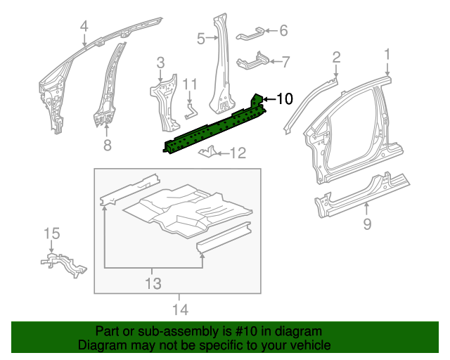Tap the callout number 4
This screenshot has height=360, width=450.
[84, 27]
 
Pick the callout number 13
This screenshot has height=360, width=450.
[153, 283]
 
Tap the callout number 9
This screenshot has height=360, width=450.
[366, 224]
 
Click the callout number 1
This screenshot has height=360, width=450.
[387, 54]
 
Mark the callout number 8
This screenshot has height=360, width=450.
[107, 146]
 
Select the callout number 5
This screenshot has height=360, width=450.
[200, 39]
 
